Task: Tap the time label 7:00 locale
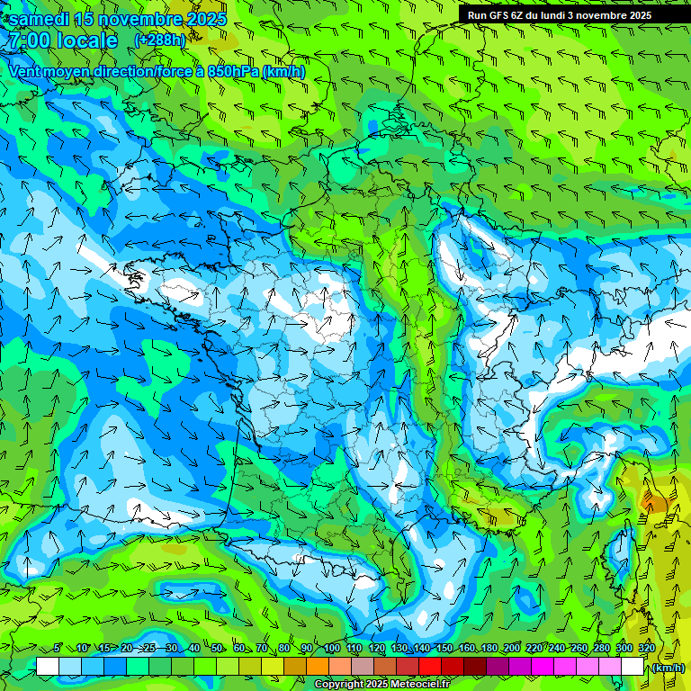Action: pos(62,40)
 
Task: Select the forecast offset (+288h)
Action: pos(159,40)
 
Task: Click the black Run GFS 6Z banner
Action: pos(559,15)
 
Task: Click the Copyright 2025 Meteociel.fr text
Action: pos(381,684)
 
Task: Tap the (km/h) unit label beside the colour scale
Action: pos(667,668)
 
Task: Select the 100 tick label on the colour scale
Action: pos(331,648)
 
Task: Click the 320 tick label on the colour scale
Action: pos(645,648)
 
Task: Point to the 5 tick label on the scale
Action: pos(58,648)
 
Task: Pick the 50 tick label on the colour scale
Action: pos(217,648)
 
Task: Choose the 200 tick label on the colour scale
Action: pos(511,648)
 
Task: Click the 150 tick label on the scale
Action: pos(444,648)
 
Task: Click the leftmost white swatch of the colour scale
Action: pos(48,667)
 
